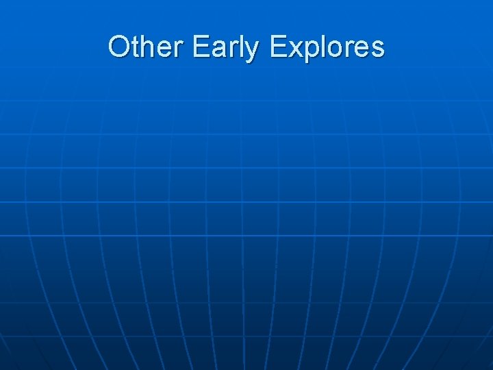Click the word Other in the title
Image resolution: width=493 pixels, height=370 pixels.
click(147, 47)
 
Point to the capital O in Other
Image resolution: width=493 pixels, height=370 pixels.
click(118, 47)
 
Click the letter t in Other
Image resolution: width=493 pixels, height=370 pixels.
click(135, 47)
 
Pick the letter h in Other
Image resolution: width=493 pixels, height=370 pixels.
click(147, 47)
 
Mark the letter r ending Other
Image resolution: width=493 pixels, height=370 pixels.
click(179, 49)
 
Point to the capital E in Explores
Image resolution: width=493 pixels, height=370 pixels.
click(279, 47)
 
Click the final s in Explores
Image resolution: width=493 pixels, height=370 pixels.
click(377, 49)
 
